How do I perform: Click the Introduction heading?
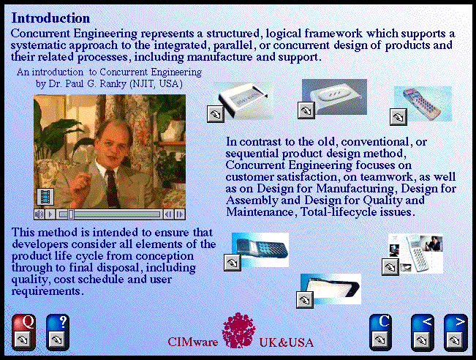[x=50, y=18]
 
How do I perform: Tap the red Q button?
[x=23, y=332]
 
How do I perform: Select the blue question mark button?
[x=58, y=332]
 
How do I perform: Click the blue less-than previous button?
[x=423, y=333]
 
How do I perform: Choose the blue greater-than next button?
[x=456, y=333]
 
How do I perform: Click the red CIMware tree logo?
[x=238, y=331]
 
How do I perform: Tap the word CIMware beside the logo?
[x=193, y=342]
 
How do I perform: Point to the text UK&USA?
[x=287, y=342]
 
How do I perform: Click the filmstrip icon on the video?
[x=45, y=197]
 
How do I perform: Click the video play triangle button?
[x=50, y=214]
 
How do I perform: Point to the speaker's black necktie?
[x=112, y=188]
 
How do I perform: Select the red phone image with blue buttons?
[x=423, y=104]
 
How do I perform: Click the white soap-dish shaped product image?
[x=334, y=97]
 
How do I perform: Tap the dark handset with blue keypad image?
[x=260, y=250]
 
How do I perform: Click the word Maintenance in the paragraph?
[x=260, y=211]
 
